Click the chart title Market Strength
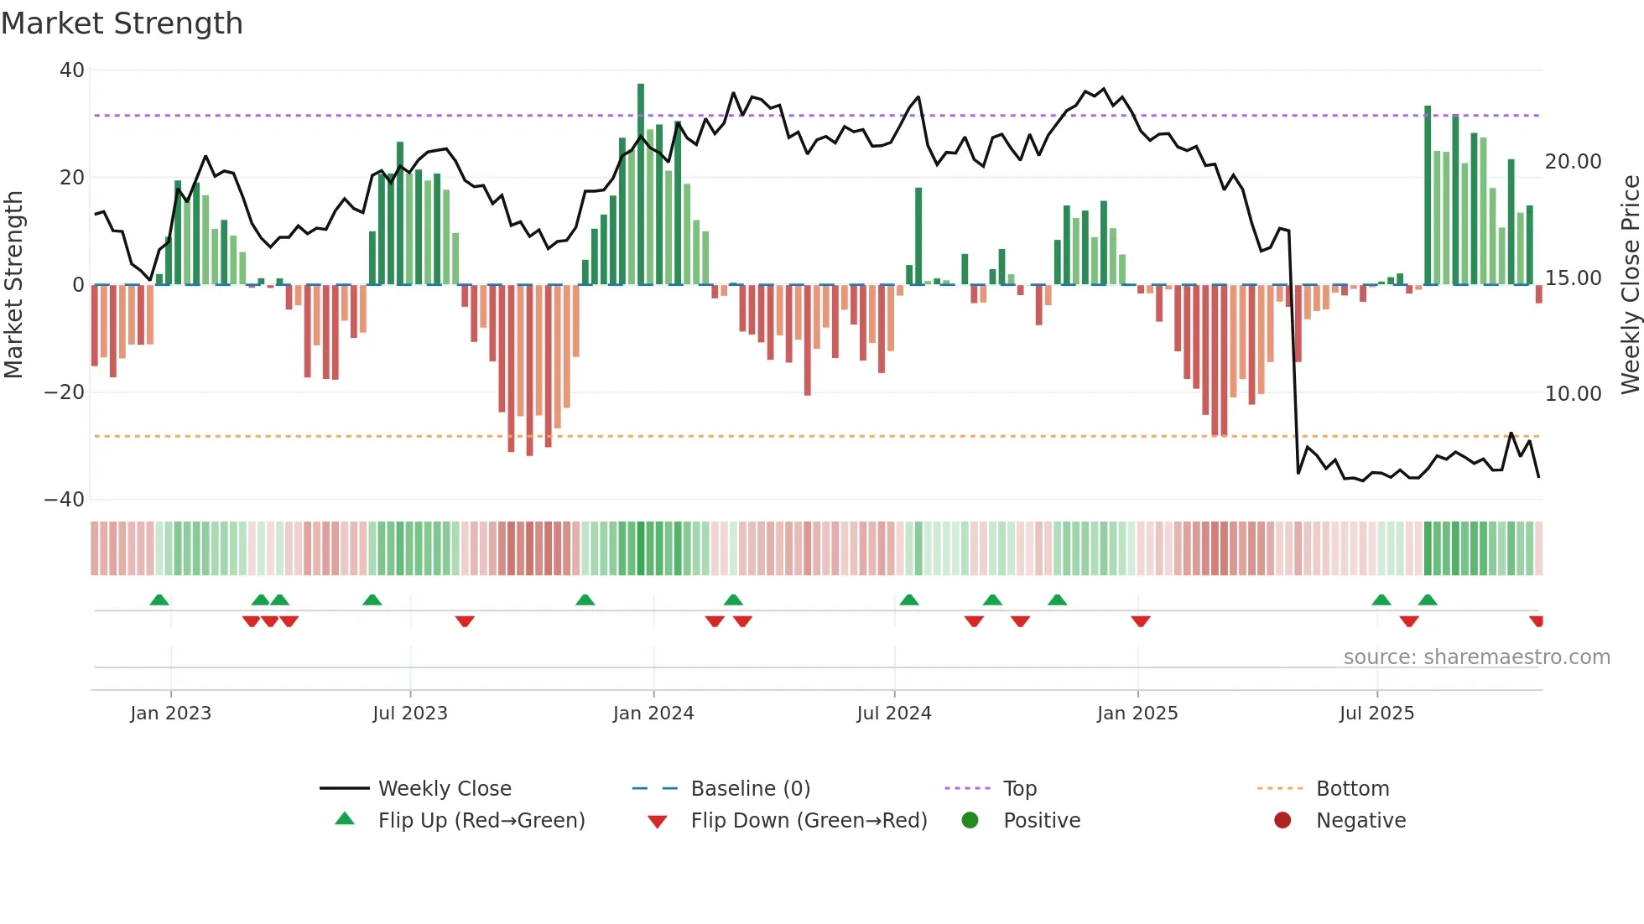pyautogui.click(x=122, y=23)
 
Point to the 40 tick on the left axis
pyautogui.click(x=72, y=70)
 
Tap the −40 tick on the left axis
pyautogui.click(x=65, y=500)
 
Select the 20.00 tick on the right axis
pyautogui.click(x=1573, y=161)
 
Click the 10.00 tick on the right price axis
pyautogui.click(x=1573, y=393)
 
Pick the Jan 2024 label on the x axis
pyautogui.click(x=653, y=714)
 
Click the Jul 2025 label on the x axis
pyautogui.click(x=1376, y=714)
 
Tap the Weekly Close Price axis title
pyautogui.click(x=1630, y=284)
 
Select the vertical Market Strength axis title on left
pyautogui.click(x=13, y=284)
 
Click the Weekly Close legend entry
pyautogui.click(x=444, y=789)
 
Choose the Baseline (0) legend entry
pyautogui.click(x=750, y=789)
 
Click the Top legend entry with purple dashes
pyautogui.click(x=1019, y=789)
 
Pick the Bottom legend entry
pyautogui.click(x=1352, y=789)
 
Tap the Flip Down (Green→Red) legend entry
pyautogui.click(x=808, y=821)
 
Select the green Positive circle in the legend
pyautogui.click(x=970, y=821)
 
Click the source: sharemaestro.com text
pyautogui.click(x=1476, y=657)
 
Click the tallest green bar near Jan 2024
pyautogui.click(x=641, y=184)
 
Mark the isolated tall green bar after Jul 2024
pyautogui.click(x=918, y=235)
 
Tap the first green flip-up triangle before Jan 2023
pyautogui.click(x=159, y=600)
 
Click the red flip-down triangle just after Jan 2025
pyautogui.click(x=1140, y=621)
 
